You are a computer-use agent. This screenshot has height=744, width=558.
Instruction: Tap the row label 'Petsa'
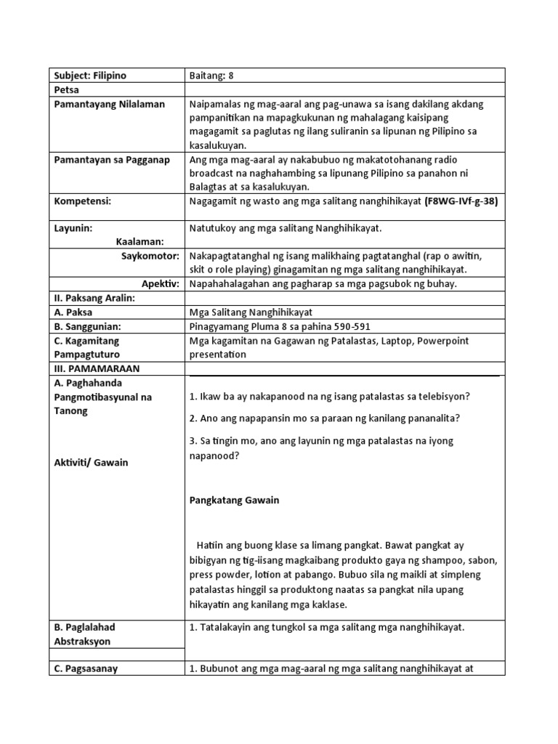pyautogui.click(x=66, y=90)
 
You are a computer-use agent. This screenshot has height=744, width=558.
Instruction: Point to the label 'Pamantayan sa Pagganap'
pyautogui.click(x=111, y=160)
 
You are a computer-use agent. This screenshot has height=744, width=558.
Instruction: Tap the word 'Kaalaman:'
pyautogui.click(x=139, y=241)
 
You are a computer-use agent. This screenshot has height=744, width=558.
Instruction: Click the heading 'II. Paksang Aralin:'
pyautogui.click(x=94, y=298)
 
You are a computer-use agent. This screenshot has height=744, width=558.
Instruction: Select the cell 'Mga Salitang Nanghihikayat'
pyautogui.click(x=246, y=312)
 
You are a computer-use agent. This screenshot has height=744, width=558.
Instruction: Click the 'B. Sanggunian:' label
pyautogui.click(x=86, y=326)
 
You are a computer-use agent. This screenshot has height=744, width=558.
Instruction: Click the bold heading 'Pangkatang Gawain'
pyautogui.click(x=234, y=501)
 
